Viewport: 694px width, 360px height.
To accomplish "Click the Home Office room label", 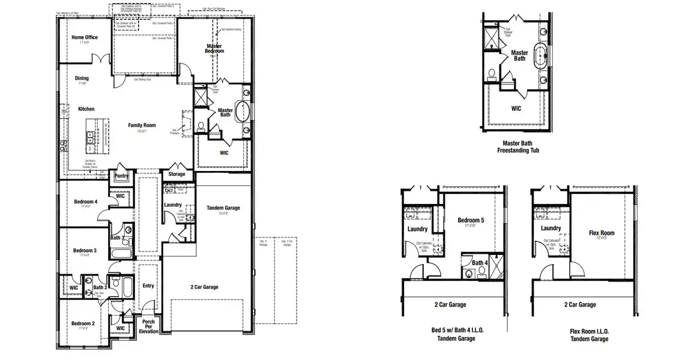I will click(x=84, y=37).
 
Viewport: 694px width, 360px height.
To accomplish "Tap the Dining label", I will click(x=82, y=78).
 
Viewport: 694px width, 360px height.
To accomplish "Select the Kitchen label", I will click(x=86, y=109).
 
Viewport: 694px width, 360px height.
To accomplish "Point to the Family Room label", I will click(x=142, y=125).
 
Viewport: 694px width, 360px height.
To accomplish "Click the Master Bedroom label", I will click(x=215, y=49).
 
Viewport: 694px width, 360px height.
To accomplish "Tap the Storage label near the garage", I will click(x=177, y=175).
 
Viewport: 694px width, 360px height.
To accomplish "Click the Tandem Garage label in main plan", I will click(x=223, y=208).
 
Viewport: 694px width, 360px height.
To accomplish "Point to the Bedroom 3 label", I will click(x=85, y=250).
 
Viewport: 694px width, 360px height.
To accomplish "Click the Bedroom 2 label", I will click(x=83, y=323).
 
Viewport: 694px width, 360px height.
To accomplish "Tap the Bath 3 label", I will click(x=118, y=238).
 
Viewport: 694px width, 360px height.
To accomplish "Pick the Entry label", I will click(x=148, y=286).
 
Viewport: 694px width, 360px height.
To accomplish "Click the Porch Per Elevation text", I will click(x=148, y=326).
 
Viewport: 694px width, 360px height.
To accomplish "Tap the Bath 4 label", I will click(x=478, y=263).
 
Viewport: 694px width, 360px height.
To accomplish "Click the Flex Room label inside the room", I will click(x=602, y=233).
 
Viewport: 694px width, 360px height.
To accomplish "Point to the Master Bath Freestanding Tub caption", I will click(x=518, y=147).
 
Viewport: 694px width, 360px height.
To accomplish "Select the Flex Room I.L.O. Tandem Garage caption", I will click(x=588, y=335).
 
